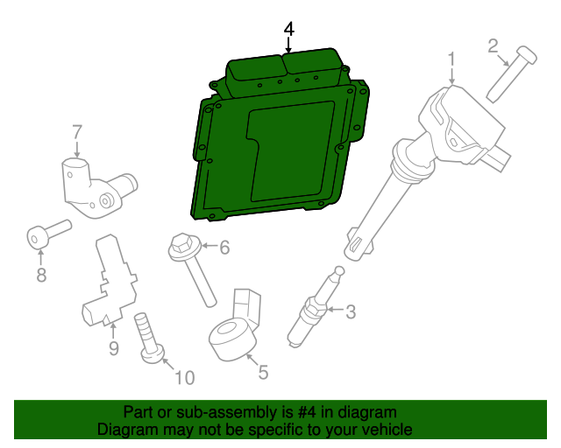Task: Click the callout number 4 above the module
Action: click(x=289, y=30)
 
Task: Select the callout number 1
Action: click(x=451, y=59)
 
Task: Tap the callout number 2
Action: click(x=493, y=45)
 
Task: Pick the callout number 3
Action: click(x=351, y=311)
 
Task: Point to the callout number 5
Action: click(x=263, y=372)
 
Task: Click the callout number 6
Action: click(x=224, y=248)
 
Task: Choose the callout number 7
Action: click(x=77, y=132)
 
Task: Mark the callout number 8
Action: click(x=40, y=276)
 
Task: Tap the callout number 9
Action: click(x=113, y=350)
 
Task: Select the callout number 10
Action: click(x=185, y=378)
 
